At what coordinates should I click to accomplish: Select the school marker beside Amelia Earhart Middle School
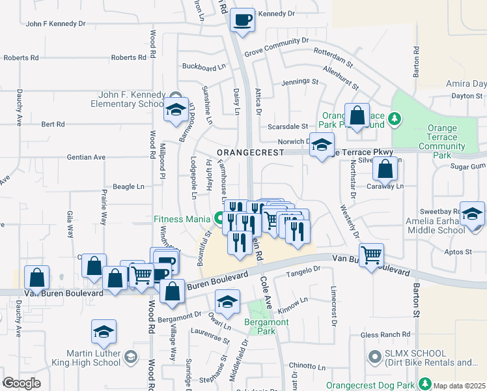(x=473, y=213)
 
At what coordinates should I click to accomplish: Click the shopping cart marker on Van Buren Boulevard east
(x=371, y=255)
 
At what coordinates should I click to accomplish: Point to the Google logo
(x=21, y=383)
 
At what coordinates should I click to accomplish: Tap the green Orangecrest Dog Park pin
(x=425, y=383)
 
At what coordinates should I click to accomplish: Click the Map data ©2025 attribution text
(x=459, y=386)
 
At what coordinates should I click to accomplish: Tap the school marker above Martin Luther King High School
(x=104, y=332)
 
